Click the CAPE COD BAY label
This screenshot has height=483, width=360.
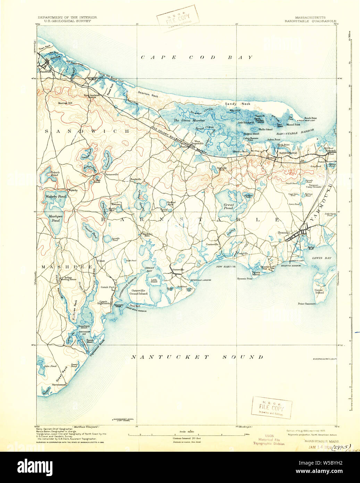[196, 57]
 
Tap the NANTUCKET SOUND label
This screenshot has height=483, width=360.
[197, 357]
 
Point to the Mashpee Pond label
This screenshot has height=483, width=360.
[56, 218]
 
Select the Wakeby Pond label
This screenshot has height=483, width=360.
[56, 196]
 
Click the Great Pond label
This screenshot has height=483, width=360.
[228, 206]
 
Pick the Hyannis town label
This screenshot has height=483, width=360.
[284, 232]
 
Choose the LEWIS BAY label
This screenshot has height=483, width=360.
[321, 258]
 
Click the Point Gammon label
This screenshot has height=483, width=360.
[307, 304]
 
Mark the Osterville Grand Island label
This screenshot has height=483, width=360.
[138, 292]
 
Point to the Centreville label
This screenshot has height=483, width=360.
[212, 244]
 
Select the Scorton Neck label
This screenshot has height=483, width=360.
[148, 94]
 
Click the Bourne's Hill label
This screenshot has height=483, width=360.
[65, 103]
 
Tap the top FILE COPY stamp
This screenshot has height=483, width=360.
[178, 17]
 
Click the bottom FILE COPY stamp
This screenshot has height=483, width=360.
[271, 407]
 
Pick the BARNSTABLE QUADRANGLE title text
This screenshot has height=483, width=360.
[310, 21]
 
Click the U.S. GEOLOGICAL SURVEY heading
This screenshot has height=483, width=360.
[67, 21]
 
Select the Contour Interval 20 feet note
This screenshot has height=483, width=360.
[187, 438]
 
